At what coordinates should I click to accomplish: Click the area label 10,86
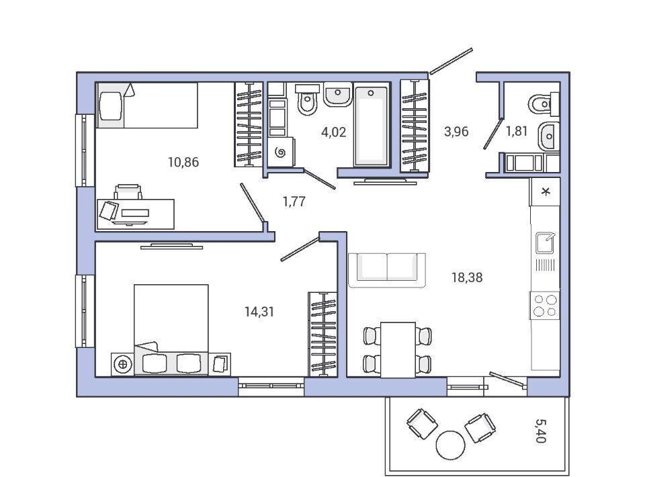tap(183, 163)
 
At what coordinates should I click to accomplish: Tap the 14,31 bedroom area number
tap(259, 312)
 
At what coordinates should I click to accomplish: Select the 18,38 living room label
tap(467, 277)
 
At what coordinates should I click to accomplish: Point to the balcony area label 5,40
tap(541, 431)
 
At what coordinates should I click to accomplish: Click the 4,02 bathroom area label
tap(334, 132)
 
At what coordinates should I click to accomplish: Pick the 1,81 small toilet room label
tap(516, 131)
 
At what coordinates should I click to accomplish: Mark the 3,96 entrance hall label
tap(456, 132)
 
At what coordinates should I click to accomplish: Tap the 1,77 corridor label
tap(294, 202)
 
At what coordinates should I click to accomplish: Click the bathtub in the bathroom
tap(371, 126)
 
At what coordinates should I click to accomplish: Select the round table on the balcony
tap(451, 445)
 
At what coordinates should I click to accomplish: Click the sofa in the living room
tap(387, 270)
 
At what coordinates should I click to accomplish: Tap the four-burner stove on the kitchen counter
tap(545, 306)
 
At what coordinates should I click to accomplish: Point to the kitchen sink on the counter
tap(545, 243)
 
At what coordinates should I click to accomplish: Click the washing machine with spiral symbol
tap(281, 152)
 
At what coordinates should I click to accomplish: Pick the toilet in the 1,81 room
tap(543, 104)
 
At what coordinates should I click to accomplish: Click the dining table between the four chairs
tap(398, 349)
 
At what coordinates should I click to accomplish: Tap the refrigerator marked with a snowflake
tap(545, 191)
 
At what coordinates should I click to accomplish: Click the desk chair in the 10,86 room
tap(128, 192)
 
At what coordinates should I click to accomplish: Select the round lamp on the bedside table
tap(122, 364)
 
